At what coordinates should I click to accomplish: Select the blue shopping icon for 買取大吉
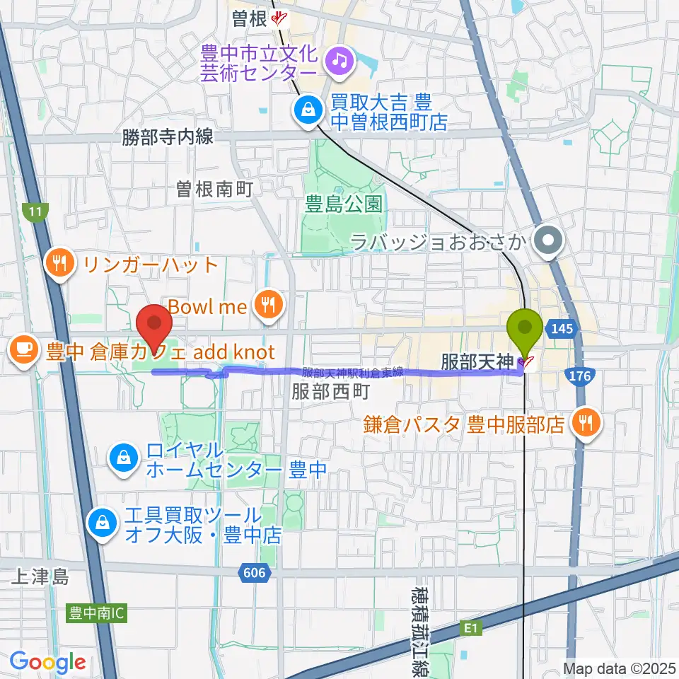pyautogui.click(x=309, y=110)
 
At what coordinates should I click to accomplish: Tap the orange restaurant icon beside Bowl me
pyautogui.click(x=269, y=306)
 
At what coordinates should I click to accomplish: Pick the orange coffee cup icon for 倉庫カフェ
pyautogui.click(x=23, y=349)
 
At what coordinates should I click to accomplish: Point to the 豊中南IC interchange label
pyautogui.click(x=96, y=613)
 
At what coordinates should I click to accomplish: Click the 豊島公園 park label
pyautogui.click(x=334, y=205)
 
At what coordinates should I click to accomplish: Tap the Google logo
pyautogui.click(x=47, y=663)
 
